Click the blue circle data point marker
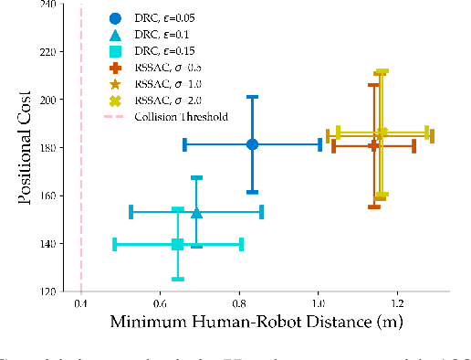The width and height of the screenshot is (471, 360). pos(253,144)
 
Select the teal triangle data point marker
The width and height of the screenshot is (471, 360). pos(196,213)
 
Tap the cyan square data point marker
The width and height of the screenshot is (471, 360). pos(178,244)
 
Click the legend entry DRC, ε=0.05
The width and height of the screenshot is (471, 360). pos(166,18)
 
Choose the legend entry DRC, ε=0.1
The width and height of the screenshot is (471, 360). pos(162,35)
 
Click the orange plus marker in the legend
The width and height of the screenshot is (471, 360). pos(114,68)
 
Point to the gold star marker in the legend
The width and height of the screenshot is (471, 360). pos(114,84)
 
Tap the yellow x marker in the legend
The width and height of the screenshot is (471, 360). pos(114,101)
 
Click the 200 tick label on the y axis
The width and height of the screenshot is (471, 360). pos(44,99)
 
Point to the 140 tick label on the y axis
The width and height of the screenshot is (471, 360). pos(44,244)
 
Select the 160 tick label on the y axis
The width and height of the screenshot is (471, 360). pos(44,196)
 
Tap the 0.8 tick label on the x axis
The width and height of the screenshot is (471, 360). pos(239,303)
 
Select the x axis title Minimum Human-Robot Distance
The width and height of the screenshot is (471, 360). pos(256,323)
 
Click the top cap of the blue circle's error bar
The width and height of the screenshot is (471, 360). pos(253,97)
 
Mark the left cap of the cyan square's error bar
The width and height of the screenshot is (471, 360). pos(115,244)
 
